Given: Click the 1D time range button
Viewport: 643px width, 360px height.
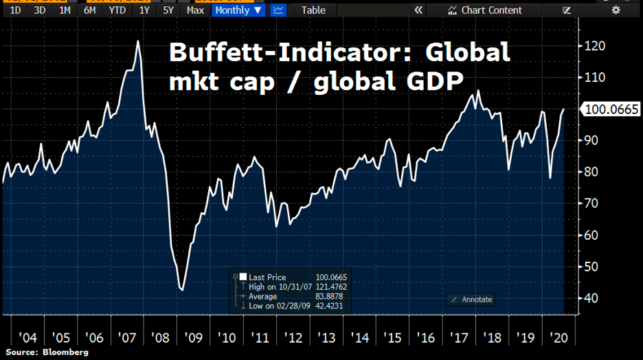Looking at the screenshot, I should coord(15,10).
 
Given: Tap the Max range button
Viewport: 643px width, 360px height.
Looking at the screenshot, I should coord(195,10).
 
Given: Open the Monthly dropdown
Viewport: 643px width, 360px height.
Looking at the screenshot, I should coord(238,10).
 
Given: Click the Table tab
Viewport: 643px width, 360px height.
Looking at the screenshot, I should coord(314,10).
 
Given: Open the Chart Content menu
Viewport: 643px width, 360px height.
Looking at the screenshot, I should coord(485,10).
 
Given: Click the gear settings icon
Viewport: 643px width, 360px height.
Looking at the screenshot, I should coord(616,10).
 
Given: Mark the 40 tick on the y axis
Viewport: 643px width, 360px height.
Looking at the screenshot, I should coord(591,298).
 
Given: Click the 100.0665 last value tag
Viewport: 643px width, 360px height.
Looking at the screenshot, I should coord(611,109).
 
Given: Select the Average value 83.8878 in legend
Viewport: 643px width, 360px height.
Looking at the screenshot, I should coord(330,297).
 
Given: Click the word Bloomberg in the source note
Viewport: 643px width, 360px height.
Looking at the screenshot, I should coord(67,352).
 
